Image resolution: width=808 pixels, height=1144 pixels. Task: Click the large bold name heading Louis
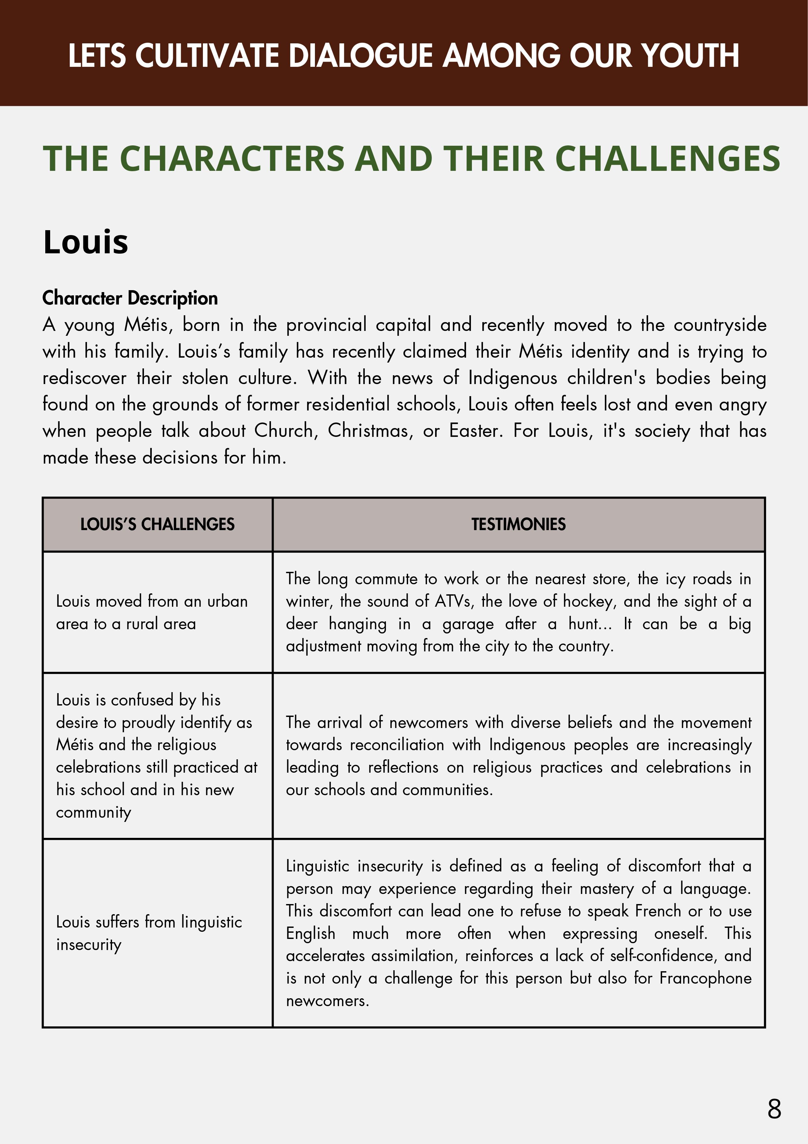tap(86, 242)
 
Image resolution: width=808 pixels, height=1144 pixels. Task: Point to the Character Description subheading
tap(130, 298)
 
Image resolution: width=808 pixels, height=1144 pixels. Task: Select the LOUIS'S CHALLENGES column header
tap(157, 524)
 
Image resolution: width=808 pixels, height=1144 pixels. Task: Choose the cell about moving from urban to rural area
tap(151, 612)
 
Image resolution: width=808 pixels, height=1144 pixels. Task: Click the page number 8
tap(774, 1109)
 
